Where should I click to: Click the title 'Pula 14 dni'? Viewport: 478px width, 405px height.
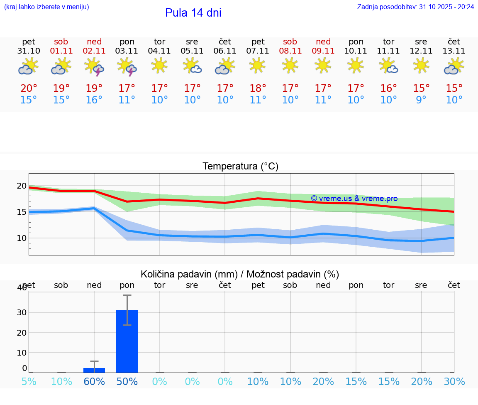tap(193, 13)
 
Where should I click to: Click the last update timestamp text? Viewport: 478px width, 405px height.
tap(415, 7)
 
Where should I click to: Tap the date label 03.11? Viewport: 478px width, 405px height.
tap(127, 51)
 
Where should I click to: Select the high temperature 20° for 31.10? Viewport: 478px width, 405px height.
tap(29, 88)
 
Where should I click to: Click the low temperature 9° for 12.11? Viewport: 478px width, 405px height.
tap(421, 100)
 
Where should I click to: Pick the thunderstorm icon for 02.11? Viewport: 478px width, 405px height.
tap(94, 67)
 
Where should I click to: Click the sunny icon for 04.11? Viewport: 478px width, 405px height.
tap(160, 65)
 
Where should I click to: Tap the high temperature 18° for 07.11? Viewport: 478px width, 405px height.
tap(258, 88)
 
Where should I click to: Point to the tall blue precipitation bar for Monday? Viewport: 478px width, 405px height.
tap(127, 341)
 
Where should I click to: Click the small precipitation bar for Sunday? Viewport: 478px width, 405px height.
tap(94, 370)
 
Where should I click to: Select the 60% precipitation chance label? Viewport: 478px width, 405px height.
tap(94, 382)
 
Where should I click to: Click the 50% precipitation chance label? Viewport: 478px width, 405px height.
tap(127, 382)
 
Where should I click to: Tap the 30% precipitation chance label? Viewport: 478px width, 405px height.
tap(454, 382)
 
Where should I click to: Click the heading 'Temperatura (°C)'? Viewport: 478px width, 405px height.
tap(240, 167)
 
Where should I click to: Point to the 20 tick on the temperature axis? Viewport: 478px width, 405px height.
tap(22, 186)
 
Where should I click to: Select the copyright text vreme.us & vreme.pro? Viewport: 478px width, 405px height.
tap(354, 199)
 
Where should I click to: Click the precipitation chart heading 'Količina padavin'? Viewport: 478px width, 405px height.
tap(189, 274)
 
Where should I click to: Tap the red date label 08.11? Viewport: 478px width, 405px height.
tap(290, 51)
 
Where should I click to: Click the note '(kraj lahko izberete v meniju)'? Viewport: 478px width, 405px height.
tap(46, 7)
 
